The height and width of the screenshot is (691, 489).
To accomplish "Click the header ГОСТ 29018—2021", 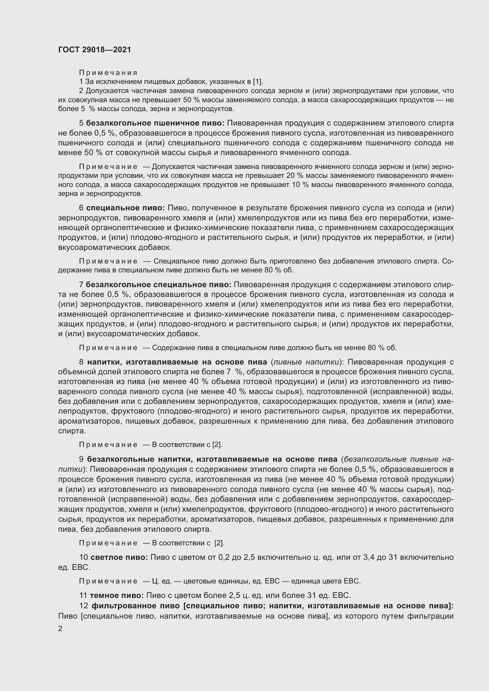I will (95, 50).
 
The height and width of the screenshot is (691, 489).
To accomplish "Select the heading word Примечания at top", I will (108, 73).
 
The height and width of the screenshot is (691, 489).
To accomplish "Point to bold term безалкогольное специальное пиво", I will (158, 285).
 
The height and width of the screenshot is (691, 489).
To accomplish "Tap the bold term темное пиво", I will (117, 596).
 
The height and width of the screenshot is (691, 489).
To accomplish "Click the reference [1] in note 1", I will (258, 82).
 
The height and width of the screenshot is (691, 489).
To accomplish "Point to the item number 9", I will (81, 460).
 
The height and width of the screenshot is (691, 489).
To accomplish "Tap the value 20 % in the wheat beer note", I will (299, 176).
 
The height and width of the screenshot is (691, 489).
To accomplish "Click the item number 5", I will (81, 123).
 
